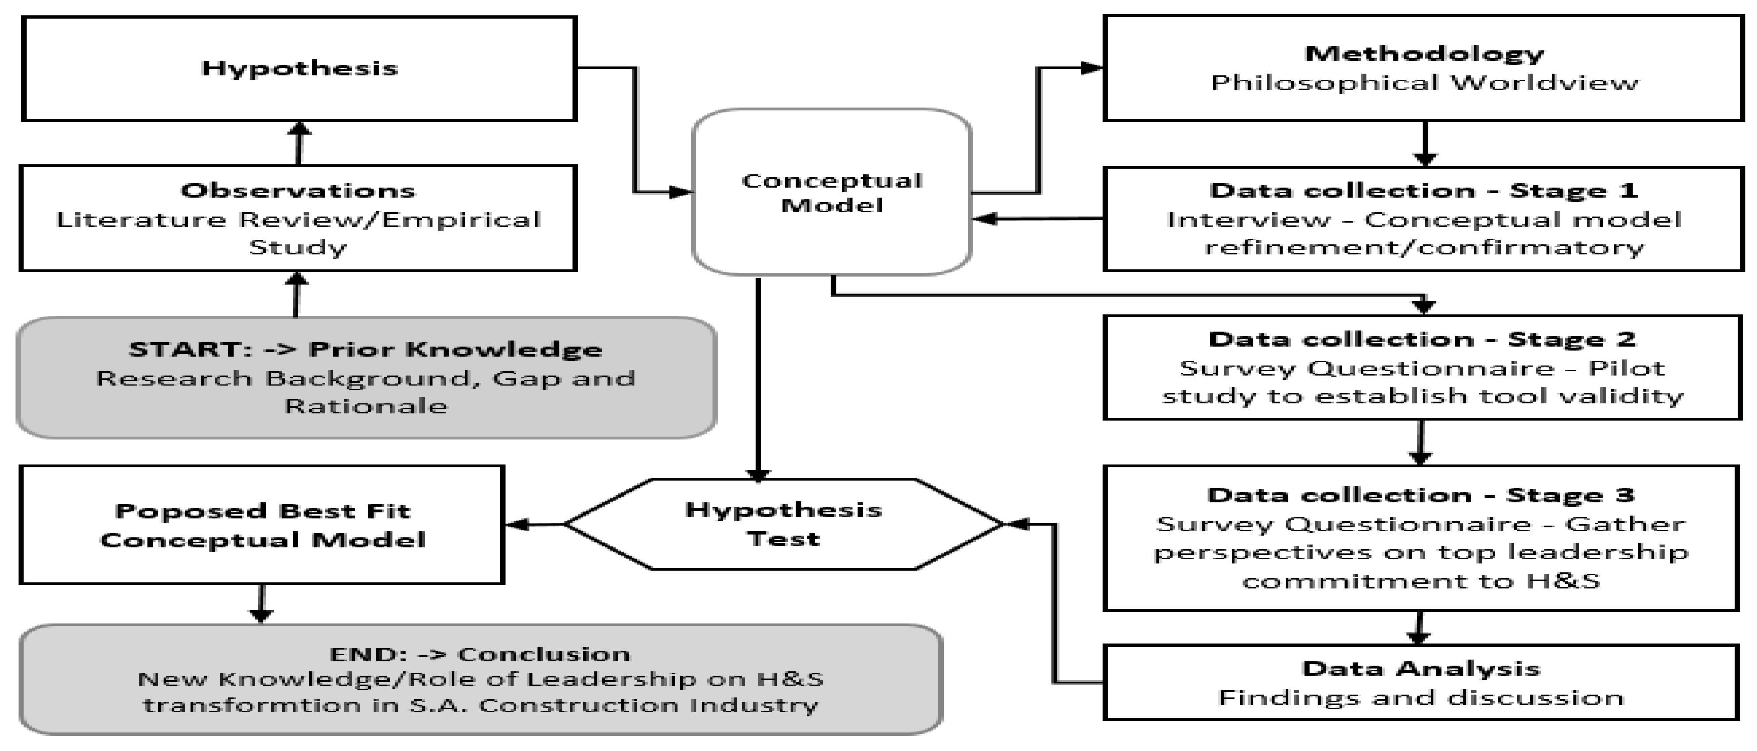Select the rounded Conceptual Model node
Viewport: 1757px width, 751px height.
[x=831, y=193]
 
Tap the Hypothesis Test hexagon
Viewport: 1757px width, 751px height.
[x=783, y=524]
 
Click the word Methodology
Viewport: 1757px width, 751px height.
[x=1424, y=53]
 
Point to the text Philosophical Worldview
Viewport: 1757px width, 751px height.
[x=1424, y=83]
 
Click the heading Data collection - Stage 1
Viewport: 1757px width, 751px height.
[x=1424, y=190]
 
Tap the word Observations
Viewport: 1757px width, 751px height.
[x=298, y=190]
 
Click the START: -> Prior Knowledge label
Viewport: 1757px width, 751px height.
[x=366, y=349]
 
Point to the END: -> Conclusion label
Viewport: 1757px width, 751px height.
[x=480, y=654]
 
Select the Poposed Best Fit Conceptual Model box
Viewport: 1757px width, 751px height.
[x=262, y=525]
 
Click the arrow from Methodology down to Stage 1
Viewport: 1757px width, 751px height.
[x=1424, y=143]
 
